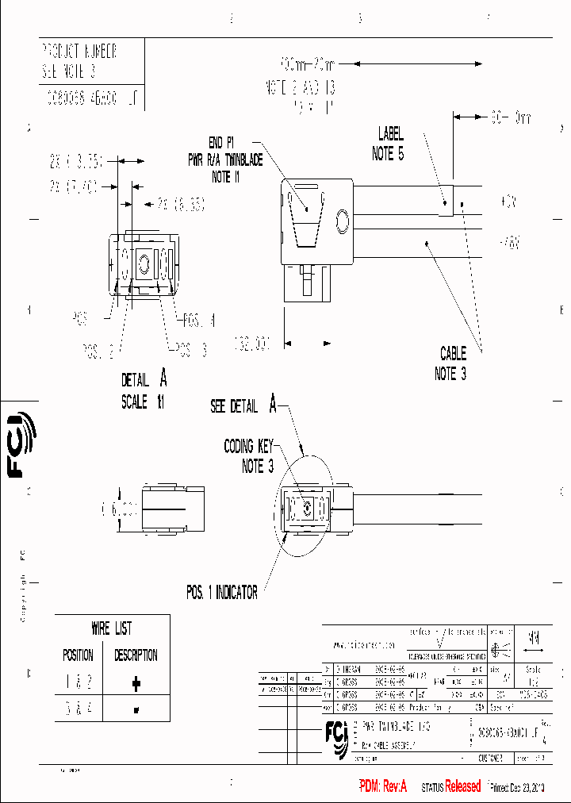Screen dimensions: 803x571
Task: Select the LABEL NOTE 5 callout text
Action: click(x=388, y=144)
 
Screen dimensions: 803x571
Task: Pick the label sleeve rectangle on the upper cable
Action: click(x=446, y=201)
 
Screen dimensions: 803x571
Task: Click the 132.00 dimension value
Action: click(x=251, y=344)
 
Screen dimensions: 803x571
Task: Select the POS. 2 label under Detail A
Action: click(x=100, y=349)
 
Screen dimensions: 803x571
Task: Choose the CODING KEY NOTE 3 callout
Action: click(x=249, y=456)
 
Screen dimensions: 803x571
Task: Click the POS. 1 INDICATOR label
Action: click(x=221, y=593)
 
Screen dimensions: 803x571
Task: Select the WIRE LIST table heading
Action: click(x=112, y=629)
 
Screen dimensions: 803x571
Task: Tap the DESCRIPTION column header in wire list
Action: click(x=136, y=655)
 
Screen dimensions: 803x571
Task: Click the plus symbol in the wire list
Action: click(x=136, y=682)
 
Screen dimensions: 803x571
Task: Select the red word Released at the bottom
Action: click(x=462, y=786)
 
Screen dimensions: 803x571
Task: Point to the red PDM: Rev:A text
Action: click(x=382, y=786)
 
